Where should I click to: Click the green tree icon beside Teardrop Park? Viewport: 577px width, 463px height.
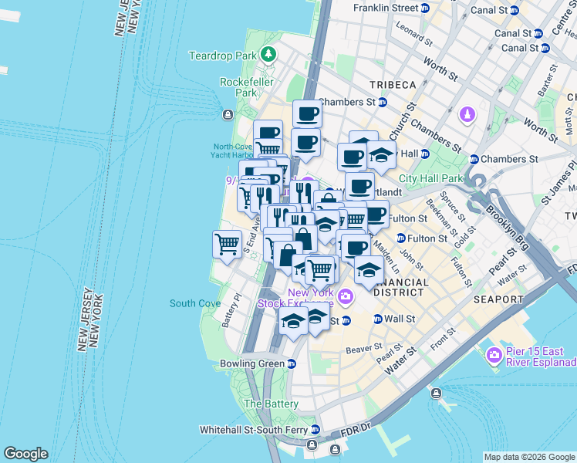tap(268, 55)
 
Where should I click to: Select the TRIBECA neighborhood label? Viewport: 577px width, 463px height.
tap(392, 84)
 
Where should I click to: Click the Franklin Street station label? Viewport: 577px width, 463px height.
tap(385, 8)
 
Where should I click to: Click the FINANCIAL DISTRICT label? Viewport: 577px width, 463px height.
tap(400, 288)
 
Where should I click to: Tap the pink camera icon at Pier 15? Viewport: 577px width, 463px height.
tap(494, 356)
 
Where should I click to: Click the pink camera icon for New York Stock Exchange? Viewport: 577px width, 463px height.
tap(345, 296)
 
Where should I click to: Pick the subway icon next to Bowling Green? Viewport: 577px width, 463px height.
tap(291, 363)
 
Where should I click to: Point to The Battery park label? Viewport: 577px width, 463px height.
tap(271, 404)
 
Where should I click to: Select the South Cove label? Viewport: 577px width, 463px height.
tap(195, 303)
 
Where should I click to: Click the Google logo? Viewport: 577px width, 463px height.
tap(25, 454)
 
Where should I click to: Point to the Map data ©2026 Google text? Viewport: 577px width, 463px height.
tap(528, 457)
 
